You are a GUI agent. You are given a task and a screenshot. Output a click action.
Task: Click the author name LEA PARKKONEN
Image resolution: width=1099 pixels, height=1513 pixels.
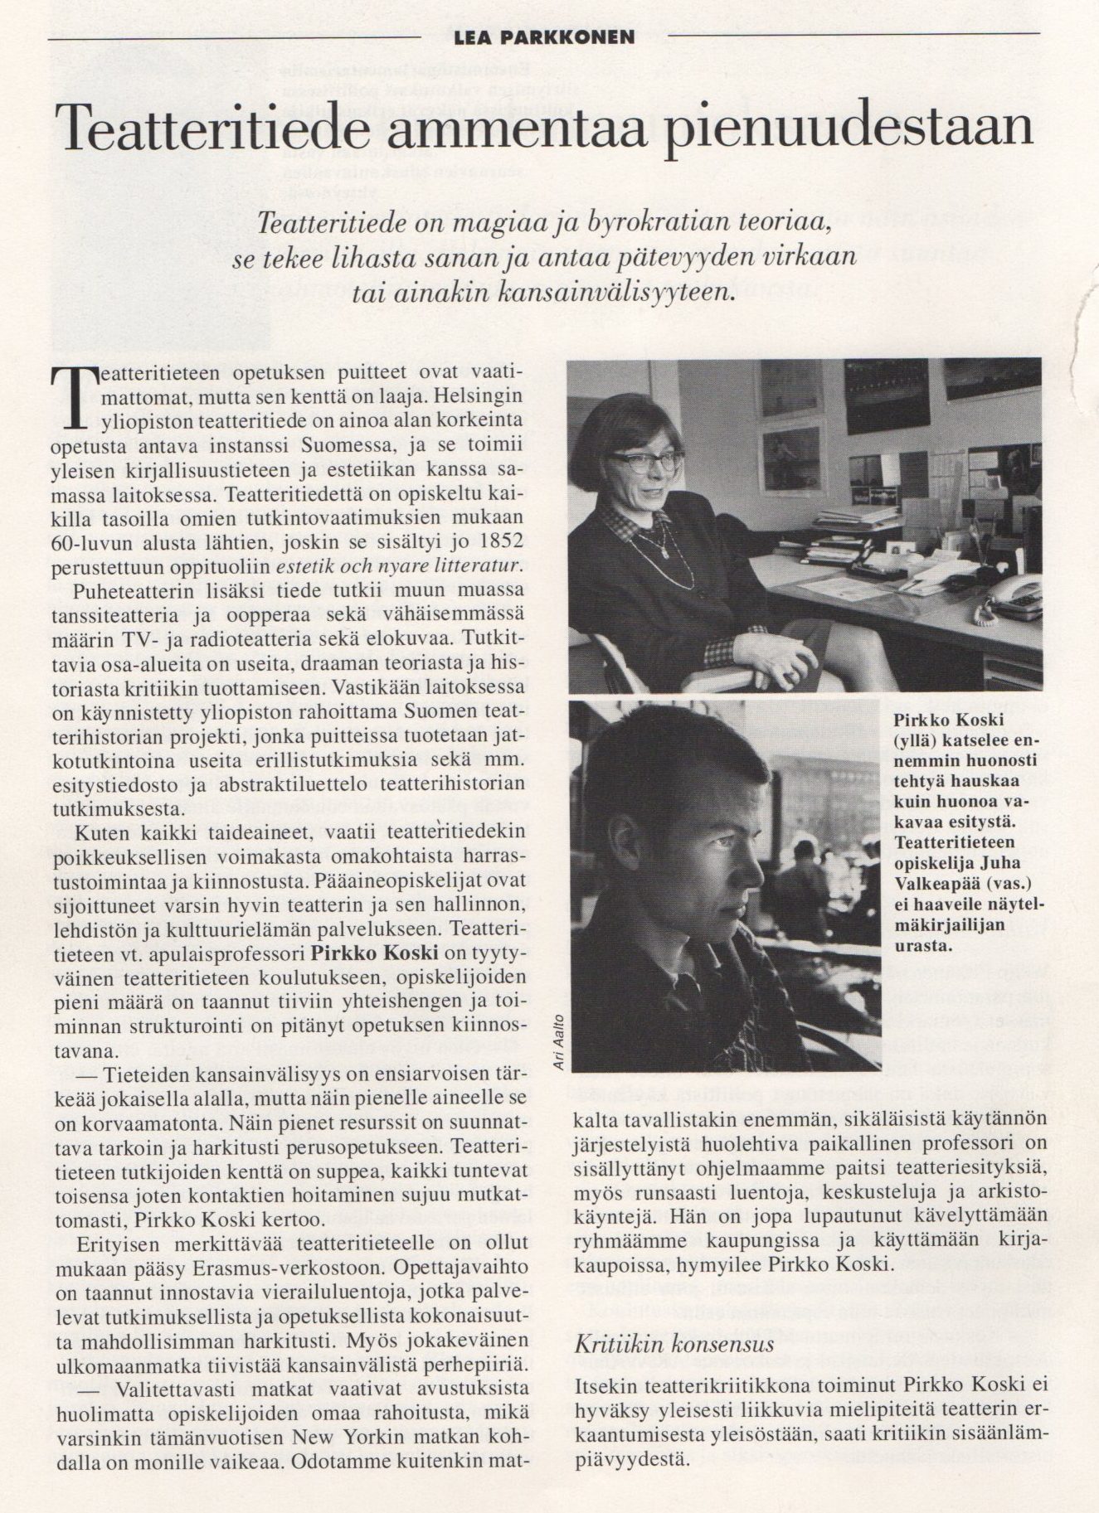pos(544,37)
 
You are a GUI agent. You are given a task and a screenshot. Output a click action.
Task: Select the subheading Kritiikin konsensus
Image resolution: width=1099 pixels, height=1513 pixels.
pos(674,1344)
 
